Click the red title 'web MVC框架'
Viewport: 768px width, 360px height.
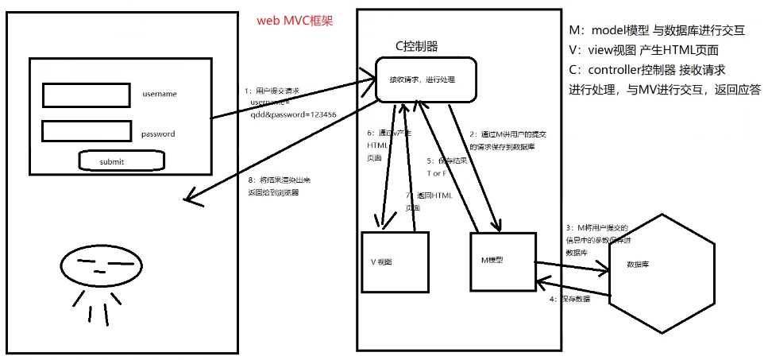[295, 21]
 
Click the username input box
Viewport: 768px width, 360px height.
[86, 95]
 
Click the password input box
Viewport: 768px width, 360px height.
[86, 132]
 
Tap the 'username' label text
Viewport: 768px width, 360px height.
[160, 94]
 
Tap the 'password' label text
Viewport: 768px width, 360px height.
[158, 134]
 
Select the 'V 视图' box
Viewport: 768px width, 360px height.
[395, 261]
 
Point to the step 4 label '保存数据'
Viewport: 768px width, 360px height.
[570, 300]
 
